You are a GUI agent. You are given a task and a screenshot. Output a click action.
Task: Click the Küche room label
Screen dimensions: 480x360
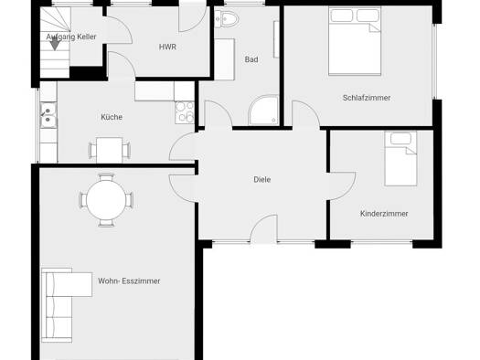pos(112,117)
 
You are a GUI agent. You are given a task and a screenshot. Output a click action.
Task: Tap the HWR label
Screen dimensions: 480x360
pos(167,48)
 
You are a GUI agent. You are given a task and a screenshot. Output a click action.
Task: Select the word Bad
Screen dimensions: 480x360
pos(251,59)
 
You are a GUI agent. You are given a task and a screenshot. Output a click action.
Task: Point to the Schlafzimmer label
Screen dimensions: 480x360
pos(367,98)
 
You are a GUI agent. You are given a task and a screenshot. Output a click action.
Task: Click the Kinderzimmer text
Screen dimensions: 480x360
pos(384,214)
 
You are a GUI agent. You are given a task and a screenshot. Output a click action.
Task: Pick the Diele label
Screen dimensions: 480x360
pos(262,179)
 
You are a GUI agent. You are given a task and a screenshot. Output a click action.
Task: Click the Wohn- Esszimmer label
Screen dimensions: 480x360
pos(129,281)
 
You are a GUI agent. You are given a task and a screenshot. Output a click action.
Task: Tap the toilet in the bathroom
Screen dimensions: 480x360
pos(226,19)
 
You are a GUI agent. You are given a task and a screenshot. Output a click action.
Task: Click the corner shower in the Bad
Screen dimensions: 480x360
pos(263,111)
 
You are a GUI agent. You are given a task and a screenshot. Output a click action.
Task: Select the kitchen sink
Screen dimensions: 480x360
pos(48,115)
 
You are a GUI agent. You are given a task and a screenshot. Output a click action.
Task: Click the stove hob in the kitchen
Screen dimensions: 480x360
pos(185,112)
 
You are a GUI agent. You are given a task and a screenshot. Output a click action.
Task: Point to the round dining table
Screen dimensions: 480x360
pos(106,200)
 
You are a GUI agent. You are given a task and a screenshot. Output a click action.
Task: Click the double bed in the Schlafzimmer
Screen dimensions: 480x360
pos(355,41)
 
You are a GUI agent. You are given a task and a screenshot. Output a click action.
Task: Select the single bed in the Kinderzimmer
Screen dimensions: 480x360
pos(400,159)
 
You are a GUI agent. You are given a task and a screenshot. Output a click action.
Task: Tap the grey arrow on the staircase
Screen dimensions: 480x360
pos(55,44)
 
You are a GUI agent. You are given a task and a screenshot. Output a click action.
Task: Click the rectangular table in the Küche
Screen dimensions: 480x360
pos(110,150)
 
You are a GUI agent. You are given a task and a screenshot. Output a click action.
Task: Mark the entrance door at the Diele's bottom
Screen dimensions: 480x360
pos(263,228)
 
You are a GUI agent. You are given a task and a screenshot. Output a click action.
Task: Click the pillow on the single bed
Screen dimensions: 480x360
pos(400,139)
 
